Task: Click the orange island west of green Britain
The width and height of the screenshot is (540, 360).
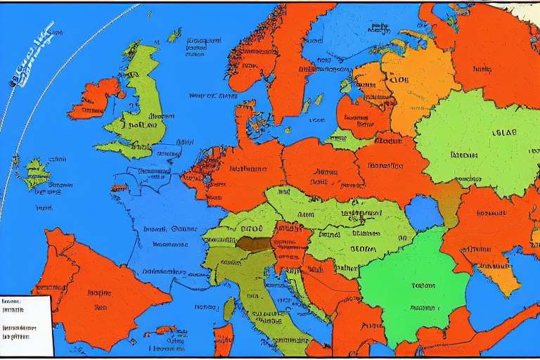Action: [95, 98]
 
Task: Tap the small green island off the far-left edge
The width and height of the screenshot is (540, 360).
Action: [35, 172]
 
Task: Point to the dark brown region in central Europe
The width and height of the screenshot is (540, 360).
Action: [253, 244]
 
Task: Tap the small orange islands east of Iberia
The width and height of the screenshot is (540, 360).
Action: [167, 329]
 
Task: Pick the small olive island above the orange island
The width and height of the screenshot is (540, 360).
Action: [229, 308]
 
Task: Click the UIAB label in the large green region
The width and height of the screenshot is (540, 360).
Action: [503, 132]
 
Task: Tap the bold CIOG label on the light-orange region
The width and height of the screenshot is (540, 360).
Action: [397, 80]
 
